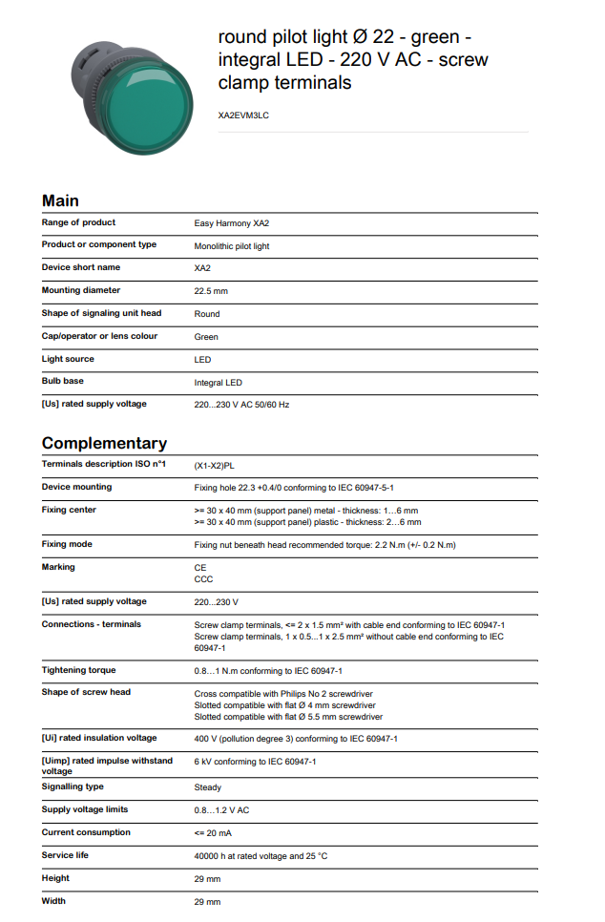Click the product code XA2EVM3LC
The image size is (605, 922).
[243, 115]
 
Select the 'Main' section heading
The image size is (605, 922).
[60, 200]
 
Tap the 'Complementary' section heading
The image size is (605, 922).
[104, 443]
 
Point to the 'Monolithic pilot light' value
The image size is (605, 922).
[232, 246]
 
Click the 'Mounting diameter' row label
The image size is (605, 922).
[81, 290]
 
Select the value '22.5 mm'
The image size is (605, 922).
[211, 291]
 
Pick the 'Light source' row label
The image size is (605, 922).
[68, 359]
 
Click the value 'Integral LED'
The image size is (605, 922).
[219, 383]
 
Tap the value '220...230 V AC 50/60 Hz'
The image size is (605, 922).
[241, 405]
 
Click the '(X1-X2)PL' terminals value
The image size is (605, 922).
[215, 465]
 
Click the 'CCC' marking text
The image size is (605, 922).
[203, 579]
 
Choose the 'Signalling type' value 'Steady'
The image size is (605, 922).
[208, 787]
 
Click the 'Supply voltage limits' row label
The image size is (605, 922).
[85, 809]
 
